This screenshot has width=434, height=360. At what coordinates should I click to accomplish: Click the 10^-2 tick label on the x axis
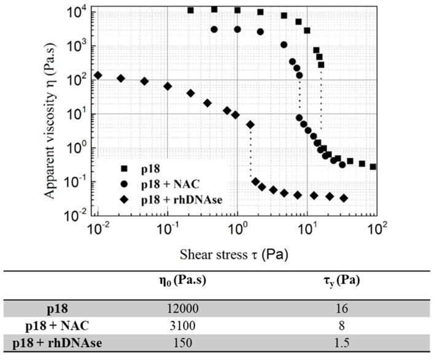96,231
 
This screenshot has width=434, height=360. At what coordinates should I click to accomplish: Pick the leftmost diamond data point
98,75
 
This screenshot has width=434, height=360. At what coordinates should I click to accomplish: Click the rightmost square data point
373,166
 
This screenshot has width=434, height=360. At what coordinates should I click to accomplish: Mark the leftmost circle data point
214,29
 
